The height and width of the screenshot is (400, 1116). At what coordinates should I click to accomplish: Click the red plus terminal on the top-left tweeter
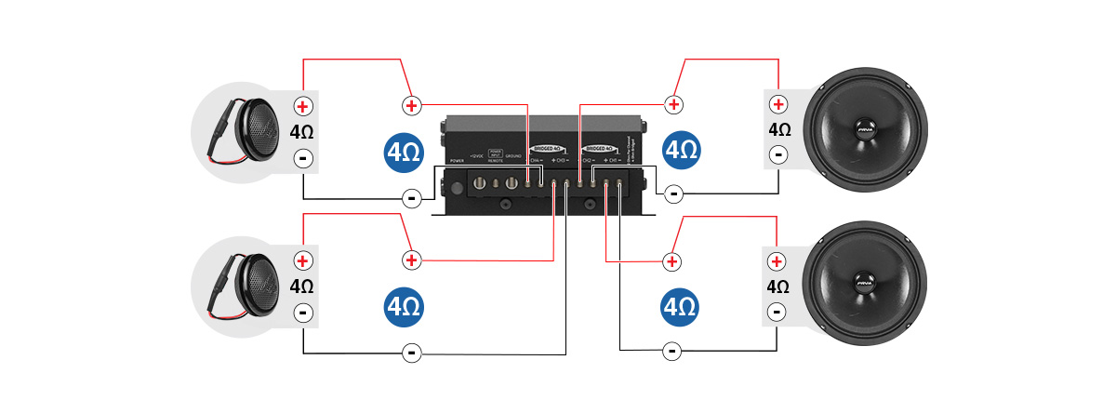302,107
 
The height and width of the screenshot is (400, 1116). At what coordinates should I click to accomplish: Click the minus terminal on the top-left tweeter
302,158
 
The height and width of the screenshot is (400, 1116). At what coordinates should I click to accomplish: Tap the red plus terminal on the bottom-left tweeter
302,260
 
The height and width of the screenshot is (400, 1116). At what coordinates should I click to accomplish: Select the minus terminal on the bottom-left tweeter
302,313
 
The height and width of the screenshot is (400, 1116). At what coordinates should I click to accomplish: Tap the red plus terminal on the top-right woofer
777,104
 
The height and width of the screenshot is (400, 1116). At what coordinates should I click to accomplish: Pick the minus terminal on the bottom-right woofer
777,313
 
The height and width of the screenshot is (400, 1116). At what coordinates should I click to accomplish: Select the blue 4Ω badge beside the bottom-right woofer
680,306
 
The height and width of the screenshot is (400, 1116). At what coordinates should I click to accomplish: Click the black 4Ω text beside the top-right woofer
778,129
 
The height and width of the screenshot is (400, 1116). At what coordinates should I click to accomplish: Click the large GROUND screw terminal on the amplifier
511,184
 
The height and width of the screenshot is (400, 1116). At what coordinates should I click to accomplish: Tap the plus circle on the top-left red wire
410,104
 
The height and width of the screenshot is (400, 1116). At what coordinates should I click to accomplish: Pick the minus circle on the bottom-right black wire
671,351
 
